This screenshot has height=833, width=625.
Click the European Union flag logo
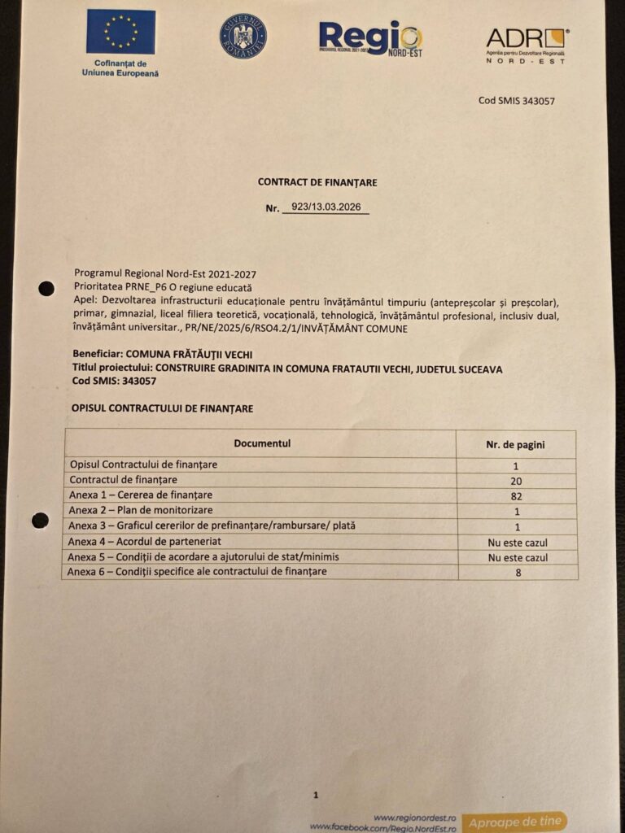pos(120,32)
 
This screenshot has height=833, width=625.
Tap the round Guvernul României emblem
pos(243,36)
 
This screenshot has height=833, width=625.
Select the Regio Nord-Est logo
pos(370,37)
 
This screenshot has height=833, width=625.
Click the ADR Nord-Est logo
pos(527,45)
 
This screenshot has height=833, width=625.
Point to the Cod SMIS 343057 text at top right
pos(517,101)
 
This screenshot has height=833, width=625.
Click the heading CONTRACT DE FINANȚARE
pos(317,183)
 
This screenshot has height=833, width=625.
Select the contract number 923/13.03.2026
pos(326,207)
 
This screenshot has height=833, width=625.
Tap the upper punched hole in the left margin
pos(46,288)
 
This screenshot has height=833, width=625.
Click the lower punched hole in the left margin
pos(40,520)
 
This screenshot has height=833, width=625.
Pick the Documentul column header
pos(261,443)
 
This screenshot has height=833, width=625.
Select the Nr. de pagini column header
pos(517,444)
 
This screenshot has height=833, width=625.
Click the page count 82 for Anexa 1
pos(517,495)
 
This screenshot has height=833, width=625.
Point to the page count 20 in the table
pos(517,480)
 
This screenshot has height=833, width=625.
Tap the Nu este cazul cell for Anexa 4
pos(518,542)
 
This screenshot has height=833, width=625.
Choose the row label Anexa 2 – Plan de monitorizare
pos(140,510)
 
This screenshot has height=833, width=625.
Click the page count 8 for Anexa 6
pos(518,573)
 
